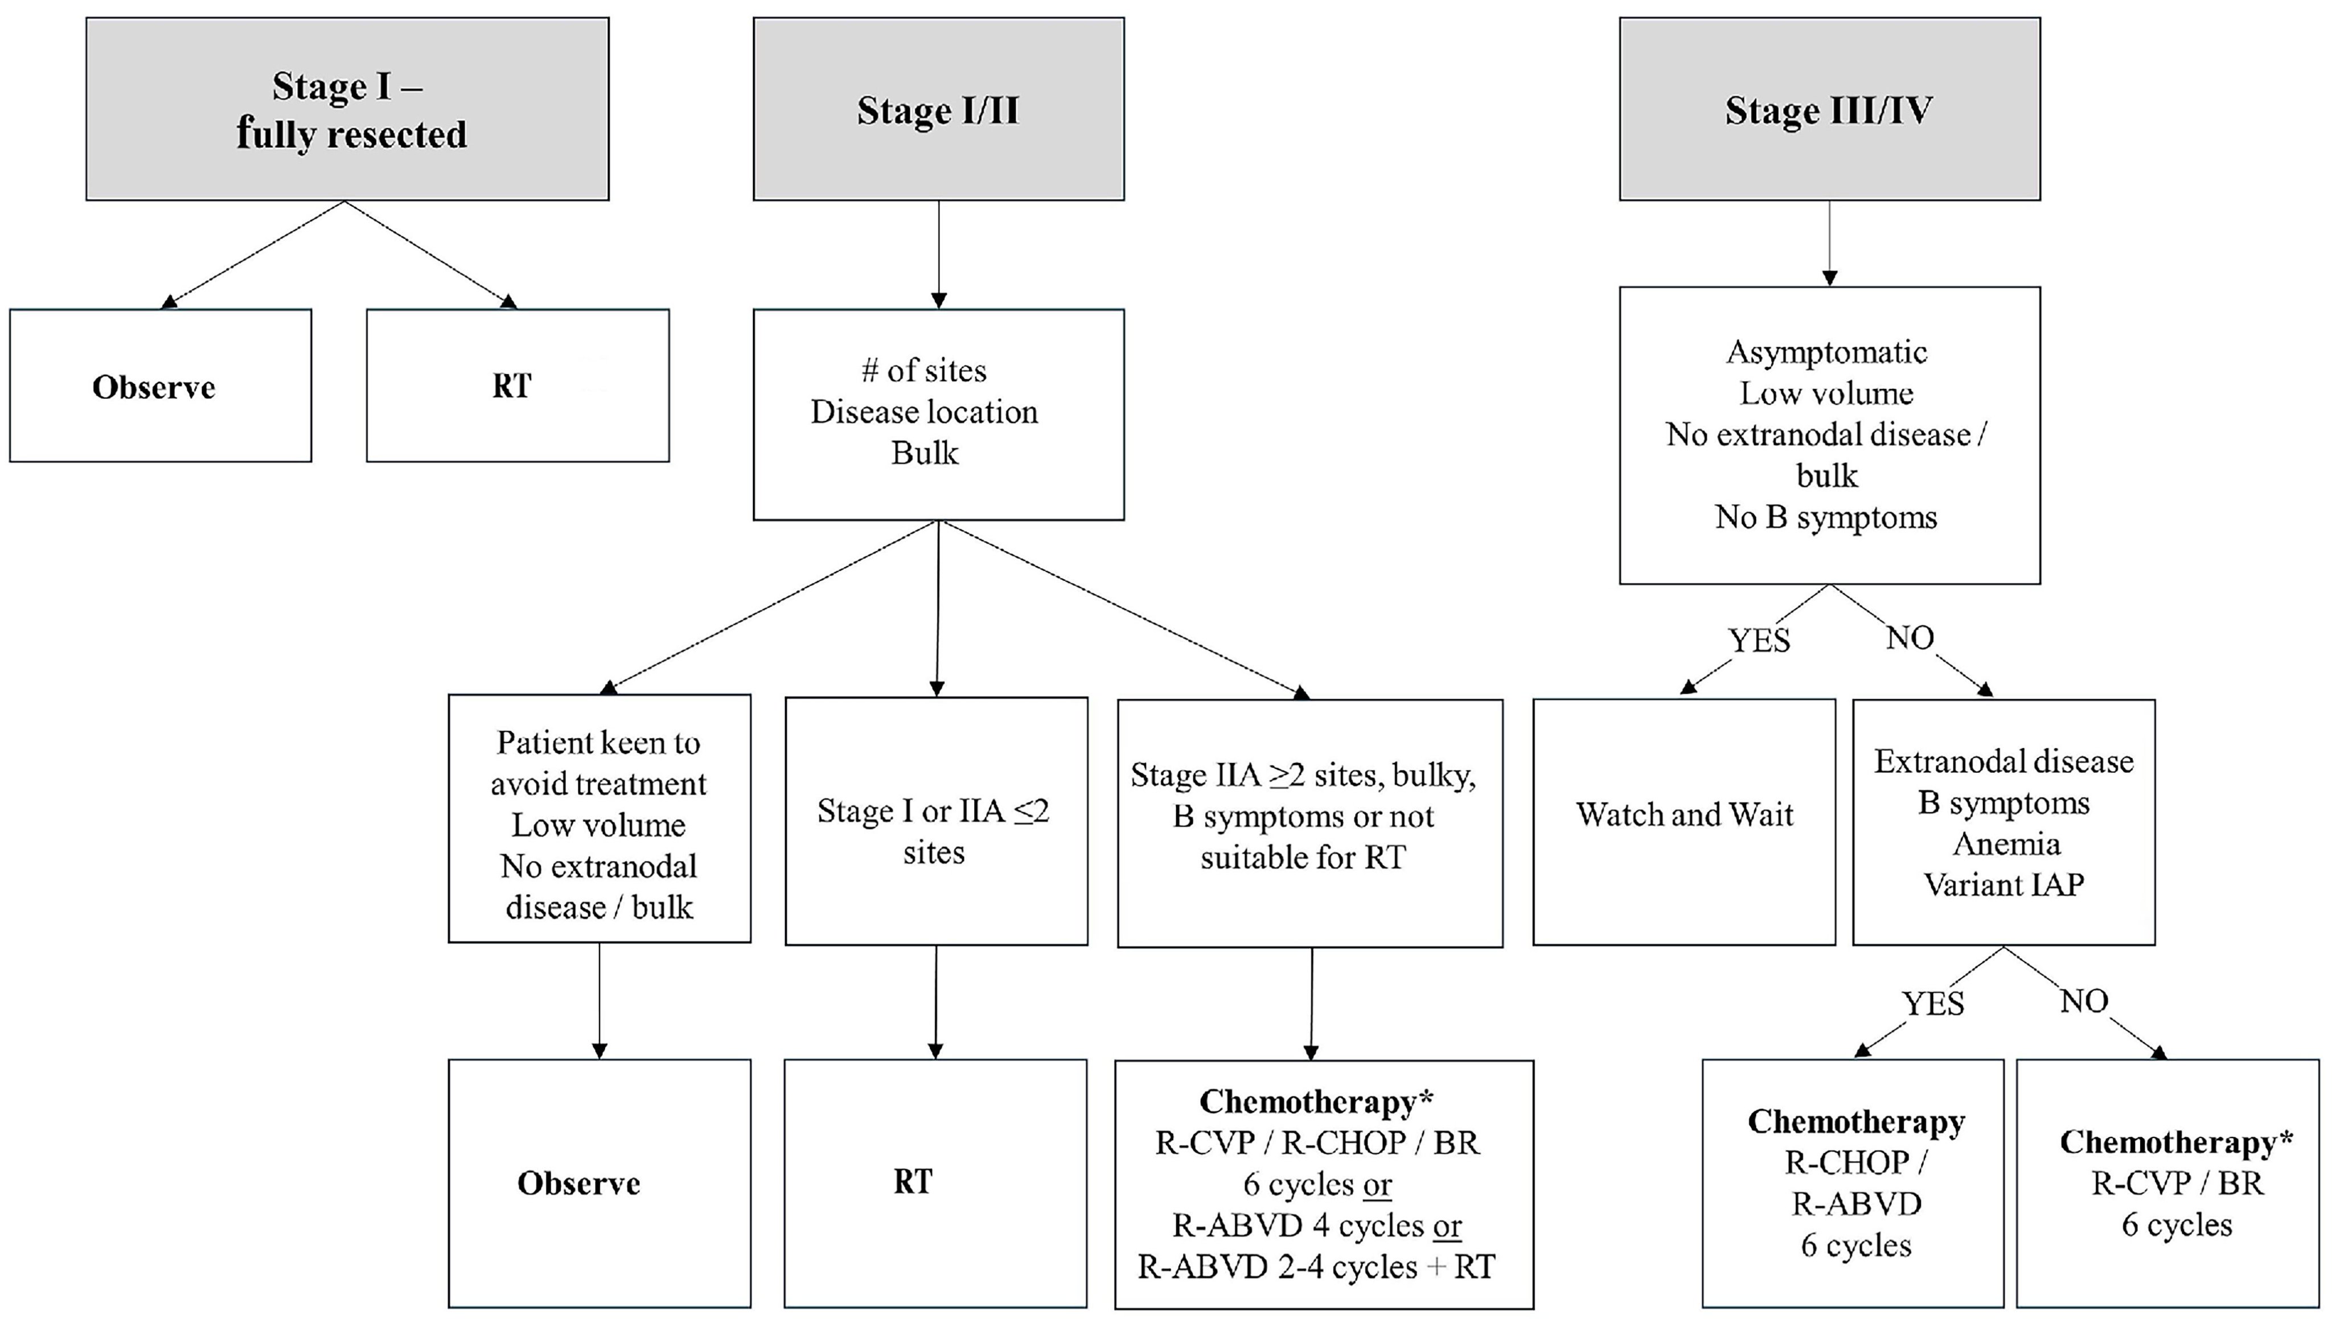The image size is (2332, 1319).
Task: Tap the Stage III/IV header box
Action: point(1829,109)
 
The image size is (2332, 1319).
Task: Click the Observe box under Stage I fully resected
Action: point(161,386)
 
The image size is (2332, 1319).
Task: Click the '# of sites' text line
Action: point(923,371)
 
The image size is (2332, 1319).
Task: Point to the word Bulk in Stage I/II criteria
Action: point(923,453)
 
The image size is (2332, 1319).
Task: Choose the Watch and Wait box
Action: point(1685,822)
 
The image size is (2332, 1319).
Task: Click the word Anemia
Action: point(2006,844)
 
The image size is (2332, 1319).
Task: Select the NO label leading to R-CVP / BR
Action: point(2084,1001)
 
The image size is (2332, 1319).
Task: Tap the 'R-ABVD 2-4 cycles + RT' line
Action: point(1316,1267)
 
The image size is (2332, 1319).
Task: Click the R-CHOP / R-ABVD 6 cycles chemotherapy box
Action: point(1853,1183)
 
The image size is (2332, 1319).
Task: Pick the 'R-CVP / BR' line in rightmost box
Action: point(2177,1183)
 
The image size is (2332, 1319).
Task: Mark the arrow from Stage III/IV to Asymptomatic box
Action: point(1829,243)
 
